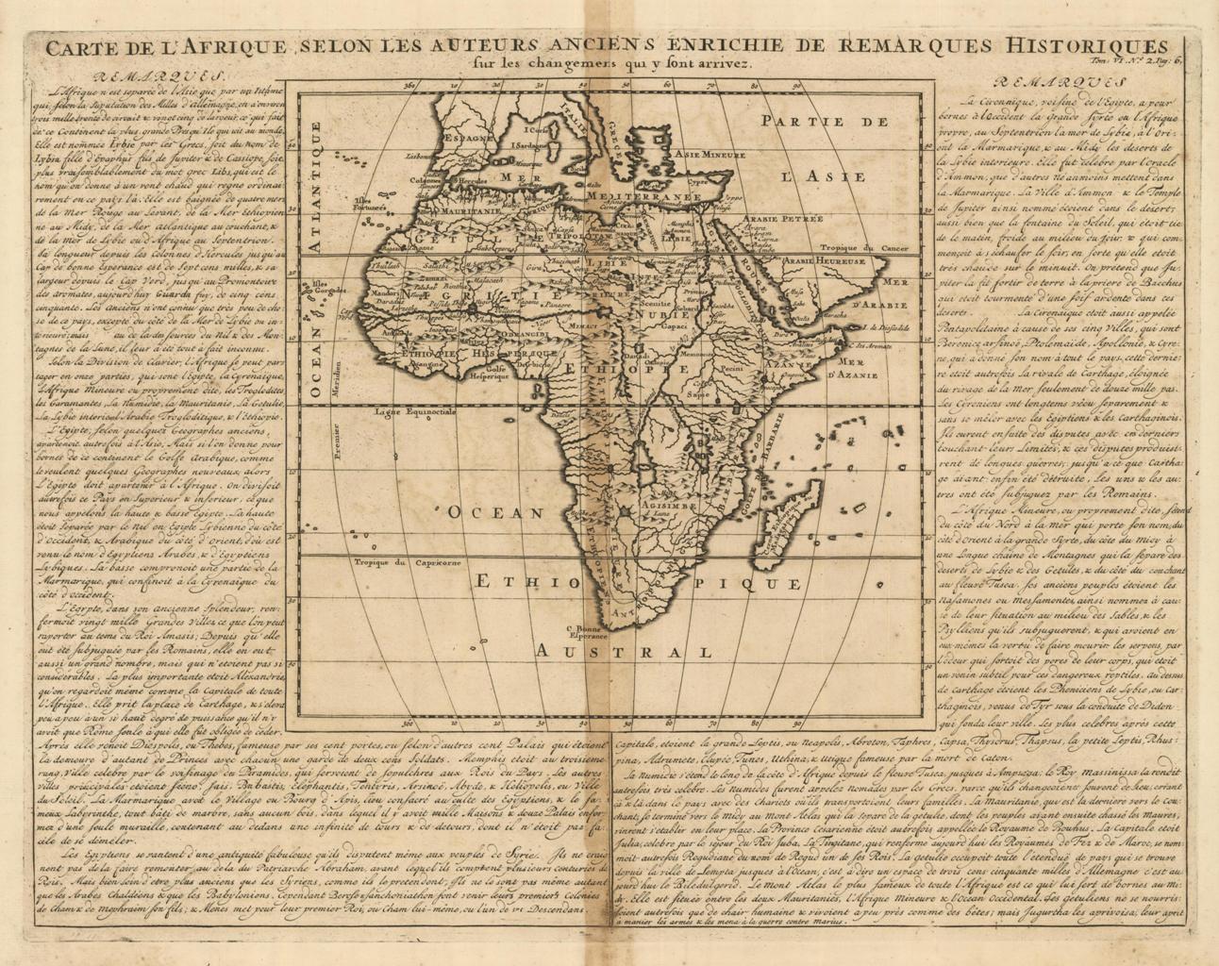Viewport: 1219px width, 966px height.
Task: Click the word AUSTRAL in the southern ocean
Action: [x=623, y=652]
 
